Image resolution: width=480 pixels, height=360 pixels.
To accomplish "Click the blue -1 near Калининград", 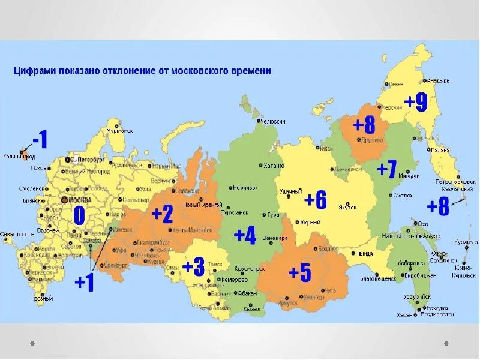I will (39, 140).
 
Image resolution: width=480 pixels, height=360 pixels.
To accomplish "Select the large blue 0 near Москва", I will (79, 215).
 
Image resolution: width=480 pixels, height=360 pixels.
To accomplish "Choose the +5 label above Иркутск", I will (299, 273).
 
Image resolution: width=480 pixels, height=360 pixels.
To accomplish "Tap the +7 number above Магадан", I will (386, 170).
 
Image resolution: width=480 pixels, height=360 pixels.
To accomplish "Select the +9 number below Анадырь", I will (415, 102).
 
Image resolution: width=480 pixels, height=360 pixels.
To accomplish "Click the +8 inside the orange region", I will (364, 125).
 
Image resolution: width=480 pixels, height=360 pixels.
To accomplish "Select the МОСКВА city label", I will (80, 199).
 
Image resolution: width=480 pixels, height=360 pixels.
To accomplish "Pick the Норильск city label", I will (245, 187).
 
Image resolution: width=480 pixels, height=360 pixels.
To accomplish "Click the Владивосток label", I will (437, 314).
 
